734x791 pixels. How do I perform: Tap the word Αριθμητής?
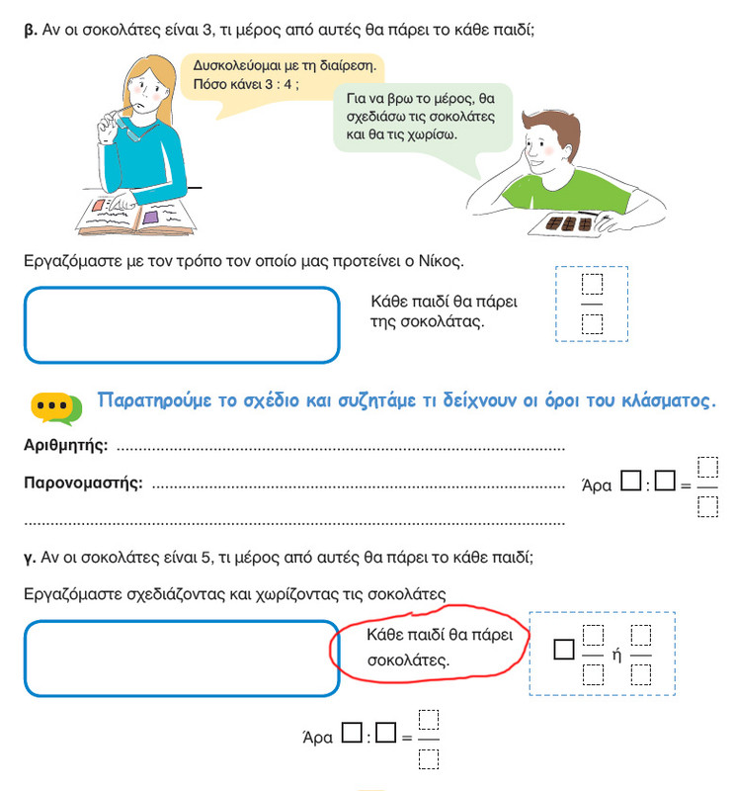pyautogui.click(x=65, y=446)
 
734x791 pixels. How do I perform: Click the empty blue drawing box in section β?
pyautogui.click(x=182, y=325)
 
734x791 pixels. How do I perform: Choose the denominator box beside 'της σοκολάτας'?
pyautogui.click(x=592, y=322)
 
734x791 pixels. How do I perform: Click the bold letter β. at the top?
pyautogui.click(x=30, y=31)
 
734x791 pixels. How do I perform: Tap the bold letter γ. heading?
pyautogui.click(x=30, y=558)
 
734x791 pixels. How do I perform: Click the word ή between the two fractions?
pyautogui.click(x=615, y=656)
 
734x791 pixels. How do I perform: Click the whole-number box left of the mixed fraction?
pyautogui.click(x=564, y=650)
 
